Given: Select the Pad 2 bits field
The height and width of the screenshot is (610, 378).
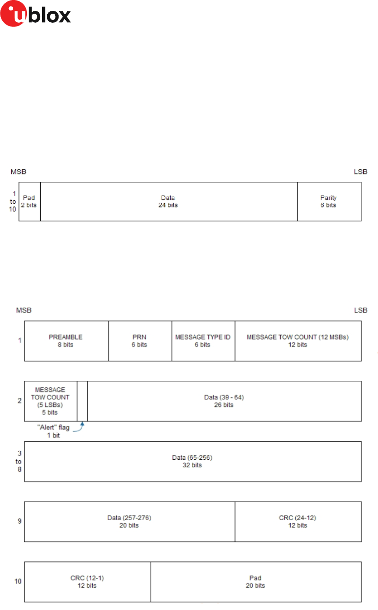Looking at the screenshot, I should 29,201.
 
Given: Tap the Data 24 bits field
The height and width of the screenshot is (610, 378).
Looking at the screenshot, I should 168,201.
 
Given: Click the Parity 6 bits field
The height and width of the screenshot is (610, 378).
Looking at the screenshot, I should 329,201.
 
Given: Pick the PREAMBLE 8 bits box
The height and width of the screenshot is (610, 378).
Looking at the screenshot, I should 66,341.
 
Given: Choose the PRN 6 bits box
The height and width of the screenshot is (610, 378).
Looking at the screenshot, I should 140,341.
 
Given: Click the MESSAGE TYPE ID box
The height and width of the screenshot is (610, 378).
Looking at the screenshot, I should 203,341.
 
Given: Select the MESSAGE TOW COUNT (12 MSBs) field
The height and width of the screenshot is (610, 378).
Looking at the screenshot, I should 298,341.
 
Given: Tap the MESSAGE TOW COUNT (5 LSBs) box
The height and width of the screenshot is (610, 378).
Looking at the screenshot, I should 51,401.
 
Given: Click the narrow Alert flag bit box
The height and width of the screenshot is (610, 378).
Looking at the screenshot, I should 82,401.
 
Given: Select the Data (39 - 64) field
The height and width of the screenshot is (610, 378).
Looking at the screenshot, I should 224,401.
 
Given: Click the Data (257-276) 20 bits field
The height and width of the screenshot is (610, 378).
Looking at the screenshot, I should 129,521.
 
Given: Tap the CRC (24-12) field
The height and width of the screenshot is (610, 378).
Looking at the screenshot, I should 298,521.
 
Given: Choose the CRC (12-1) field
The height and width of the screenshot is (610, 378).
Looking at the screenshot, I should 87,582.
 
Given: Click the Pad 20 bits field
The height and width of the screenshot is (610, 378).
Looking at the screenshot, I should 256,582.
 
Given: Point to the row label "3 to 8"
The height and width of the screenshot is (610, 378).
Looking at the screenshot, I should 19,461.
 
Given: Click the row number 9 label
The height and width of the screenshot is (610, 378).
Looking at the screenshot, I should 19,521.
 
